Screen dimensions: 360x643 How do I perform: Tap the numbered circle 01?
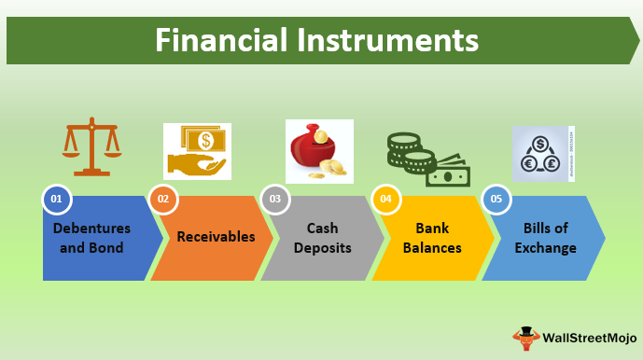(57, 199)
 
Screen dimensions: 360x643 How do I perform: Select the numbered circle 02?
(163, 199)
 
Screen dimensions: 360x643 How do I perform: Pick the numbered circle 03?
(274, 199)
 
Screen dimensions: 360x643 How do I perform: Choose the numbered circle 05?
(496, 199)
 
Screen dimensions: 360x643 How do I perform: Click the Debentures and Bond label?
(91, 238)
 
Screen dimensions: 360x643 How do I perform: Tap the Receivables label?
(216, 237)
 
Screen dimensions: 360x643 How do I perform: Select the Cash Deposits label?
(322, 238)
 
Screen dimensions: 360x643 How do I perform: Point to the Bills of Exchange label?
(544, 238)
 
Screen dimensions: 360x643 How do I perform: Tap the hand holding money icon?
(197, 151)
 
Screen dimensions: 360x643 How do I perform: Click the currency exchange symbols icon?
(540, 154)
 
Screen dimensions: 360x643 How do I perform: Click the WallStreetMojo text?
(591, 336)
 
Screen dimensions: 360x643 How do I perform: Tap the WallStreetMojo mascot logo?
(526, 337)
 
